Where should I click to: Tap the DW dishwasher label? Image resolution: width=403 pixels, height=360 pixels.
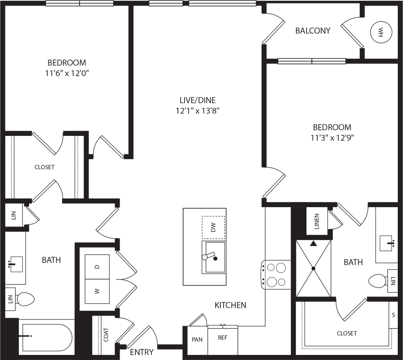pyautogui.click(x=213, y=228)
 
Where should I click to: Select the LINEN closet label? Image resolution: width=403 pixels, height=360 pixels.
pyautogui.click(x=317, y=221)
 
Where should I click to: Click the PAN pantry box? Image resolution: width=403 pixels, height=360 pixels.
pyautogui.click(x=197, y=340)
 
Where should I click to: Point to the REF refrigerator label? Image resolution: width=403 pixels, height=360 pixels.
pyautogui.click(x=223, y=338)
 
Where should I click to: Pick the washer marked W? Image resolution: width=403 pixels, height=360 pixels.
pyautogui.click(x=97, y=291)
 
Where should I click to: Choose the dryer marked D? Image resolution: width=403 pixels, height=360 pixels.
pyautogui.click(x=97, y=267)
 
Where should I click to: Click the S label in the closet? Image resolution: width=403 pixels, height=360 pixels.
pyautogui.click(x=393, y=315)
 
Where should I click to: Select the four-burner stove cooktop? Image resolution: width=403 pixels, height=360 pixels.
pyautogui.click(x=276, y=274)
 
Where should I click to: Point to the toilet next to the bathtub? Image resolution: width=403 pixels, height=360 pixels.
pyautogui.click(x=24, y=299)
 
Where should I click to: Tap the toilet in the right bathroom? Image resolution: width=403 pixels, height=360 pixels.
pyautogui.click(x=378, y=281)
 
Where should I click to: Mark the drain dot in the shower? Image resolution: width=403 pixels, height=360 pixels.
pyautogui.click(x=313, y=269)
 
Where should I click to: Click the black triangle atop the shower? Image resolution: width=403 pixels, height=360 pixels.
pyautogui.click(x=313, y=243)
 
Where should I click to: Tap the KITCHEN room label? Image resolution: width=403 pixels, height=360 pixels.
pyautogui.click(x=231, y=305)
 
